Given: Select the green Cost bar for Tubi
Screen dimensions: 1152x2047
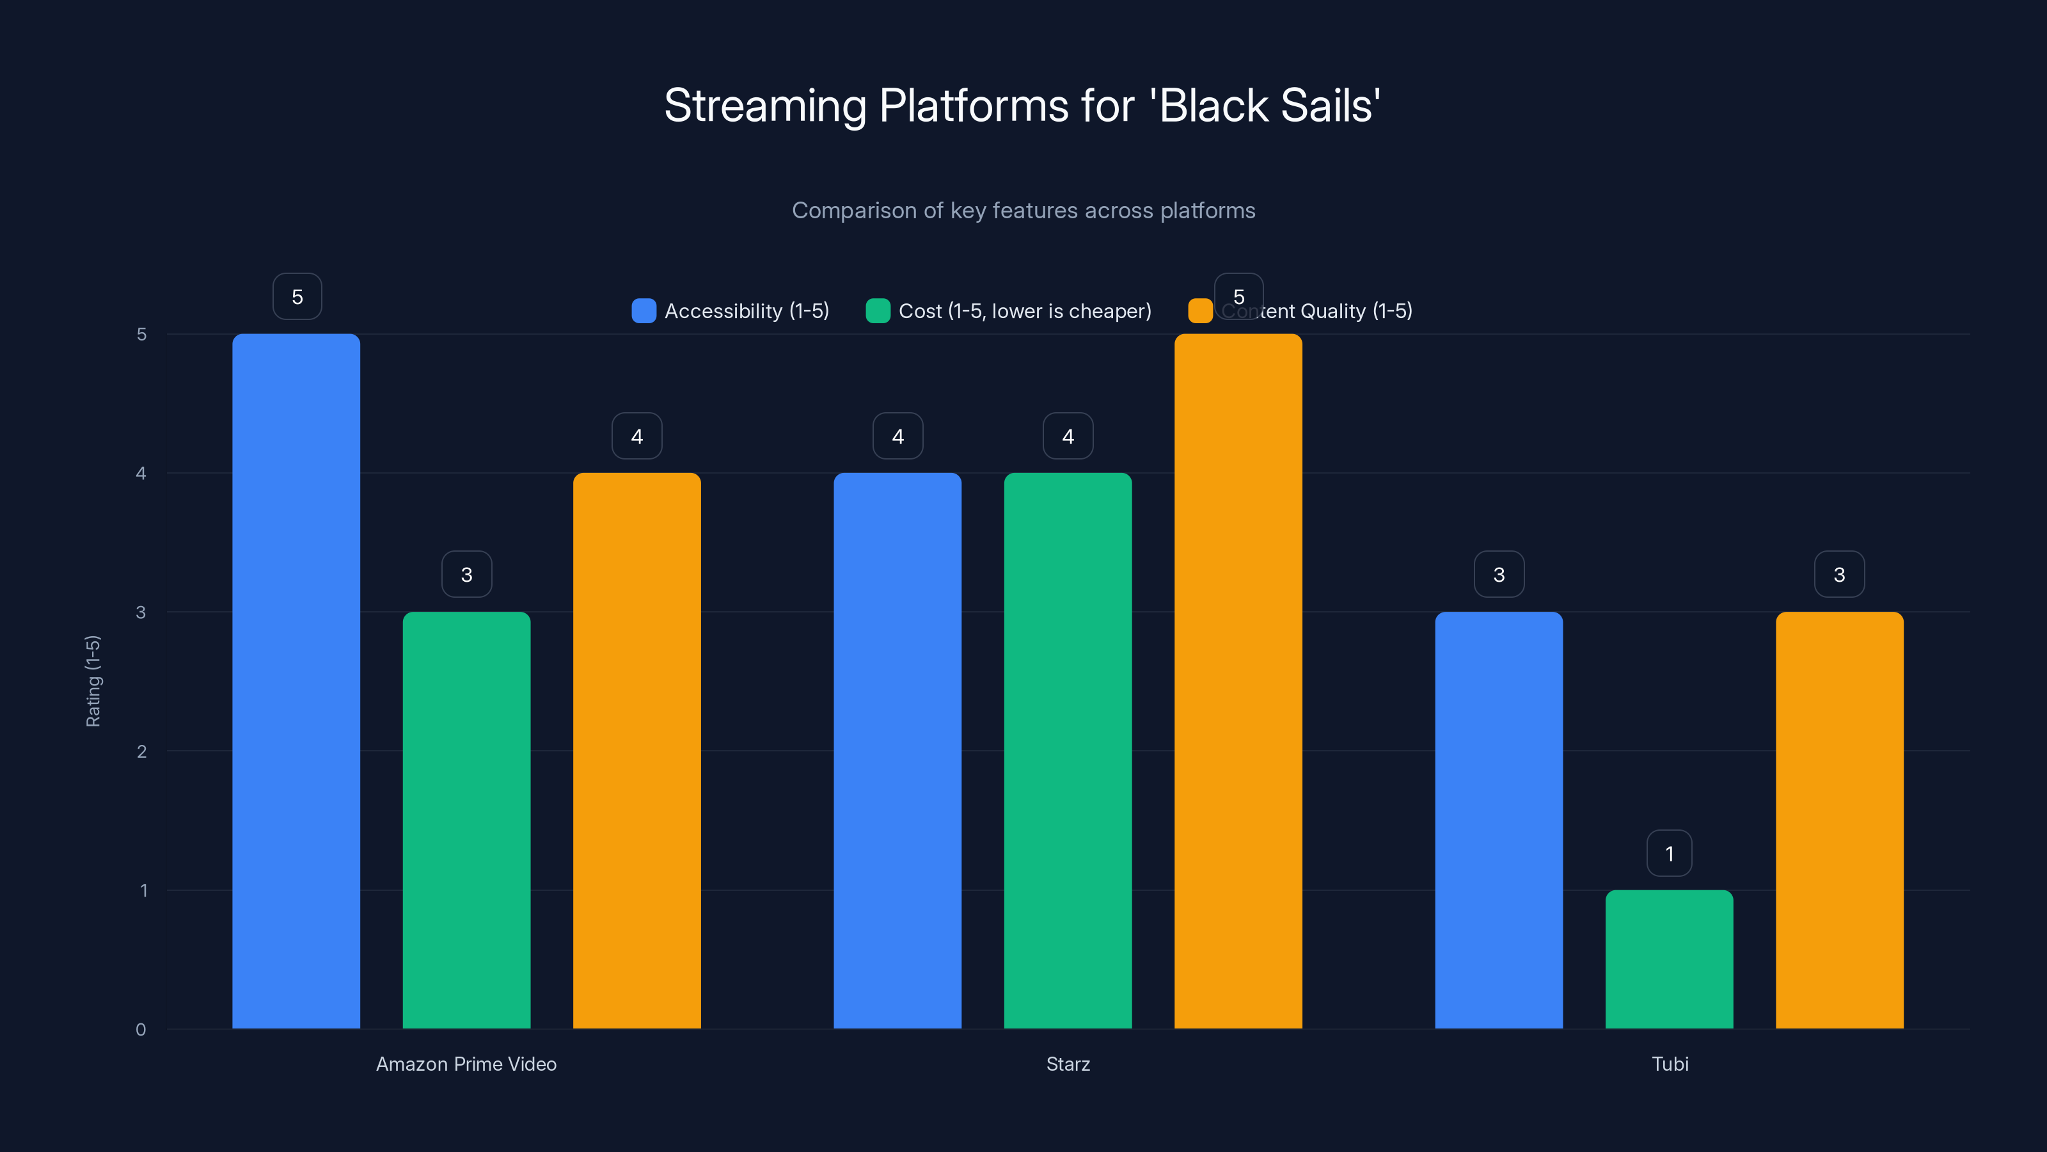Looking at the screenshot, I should [x=1669, y=959].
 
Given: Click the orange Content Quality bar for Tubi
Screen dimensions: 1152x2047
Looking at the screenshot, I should [x=1839, y=820].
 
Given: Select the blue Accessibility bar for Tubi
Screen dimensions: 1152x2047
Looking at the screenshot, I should [x=1499, y=820].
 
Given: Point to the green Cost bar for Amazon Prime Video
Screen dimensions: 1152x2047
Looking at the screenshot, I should [x=466, y=820].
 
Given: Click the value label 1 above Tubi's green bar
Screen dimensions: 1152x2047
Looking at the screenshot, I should [x=1669, y=853].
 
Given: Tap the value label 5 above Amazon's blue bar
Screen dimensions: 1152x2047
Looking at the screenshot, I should [x=297, y=296].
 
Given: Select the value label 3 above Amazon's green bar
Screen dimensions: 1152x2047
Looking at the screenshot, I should [x=466, y=574].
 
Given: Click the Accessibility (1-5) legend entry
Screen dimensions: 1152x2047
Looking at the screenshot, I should [x=731, y=311].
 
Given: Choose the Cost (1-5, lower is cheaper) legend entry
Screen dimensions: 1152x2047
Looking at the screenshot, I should [x=1009, y=311].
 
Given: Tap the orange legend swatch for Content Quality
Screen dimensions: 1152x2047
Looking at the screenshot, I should [x=1200, y=311].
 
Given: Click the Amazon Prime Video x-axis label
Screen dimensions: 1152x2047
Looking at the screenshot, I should [x=466, y=1064].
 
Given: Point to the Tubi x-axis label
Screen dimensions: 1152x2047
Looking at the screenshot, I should [x=1670, y=1064].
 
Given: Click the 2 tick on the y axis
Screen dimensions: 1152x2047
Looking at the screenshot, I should [x=141, y=751].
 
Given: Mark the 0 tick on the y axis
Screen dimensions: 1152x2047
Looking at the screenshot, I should [x=141, y=1030].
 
